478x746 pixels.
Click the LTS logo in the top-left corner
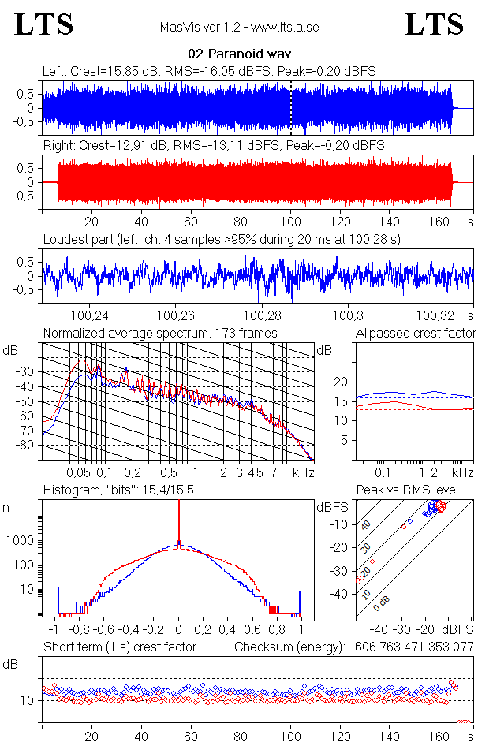click(44, 24)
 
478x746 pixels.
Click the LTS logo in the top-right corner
click(433, 24)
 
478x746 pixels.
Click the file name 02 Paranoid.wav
click(238, 54)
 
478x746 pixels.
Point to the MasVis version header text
click(239, 28)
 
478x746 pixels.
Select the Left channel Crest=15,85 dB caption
click(209, 72)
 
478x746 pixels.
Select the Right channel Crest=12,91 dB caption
click(214, 146)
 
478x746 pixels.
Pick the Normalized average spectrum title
click(160, 334)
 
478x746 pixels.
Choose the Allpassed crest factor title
click(416, 334)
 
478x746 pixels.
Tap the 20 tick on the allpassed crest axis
click(342, 382)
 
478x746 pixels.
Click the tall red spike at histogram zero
click(179, 520)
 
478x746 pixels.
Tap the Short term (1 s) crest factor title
click(119, 647)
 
